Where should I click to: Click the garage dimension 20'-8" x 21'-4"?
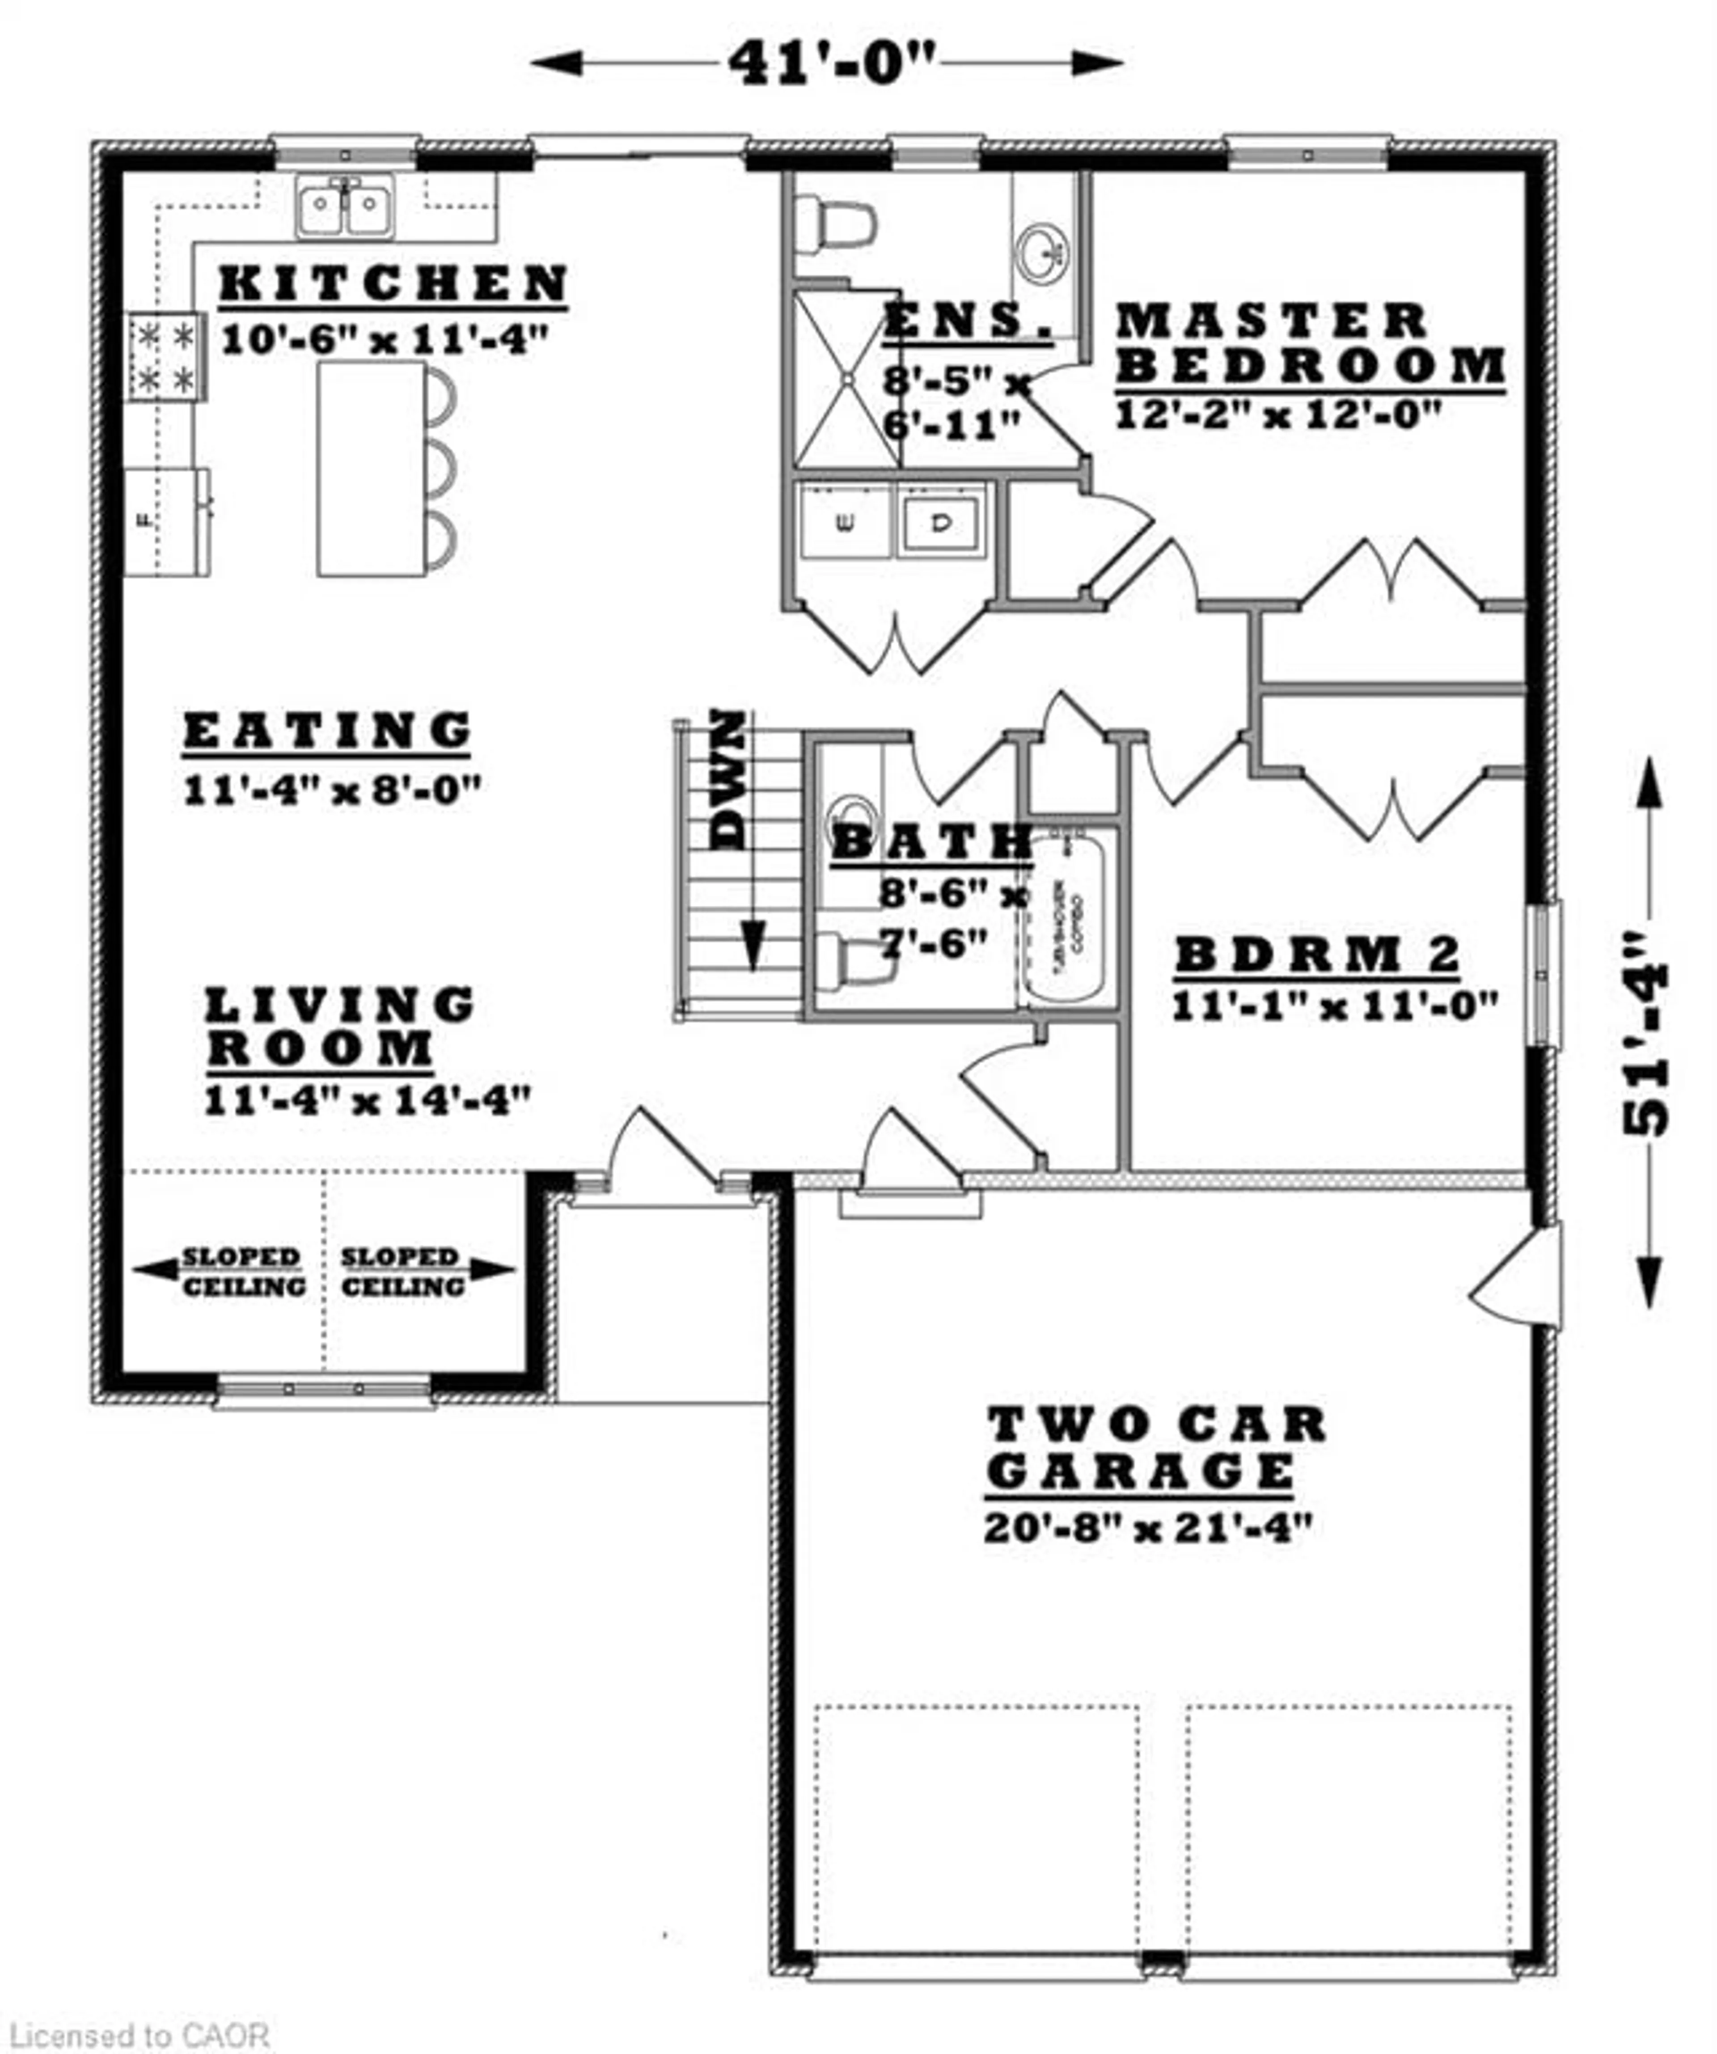[x=1146, y=1528]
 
